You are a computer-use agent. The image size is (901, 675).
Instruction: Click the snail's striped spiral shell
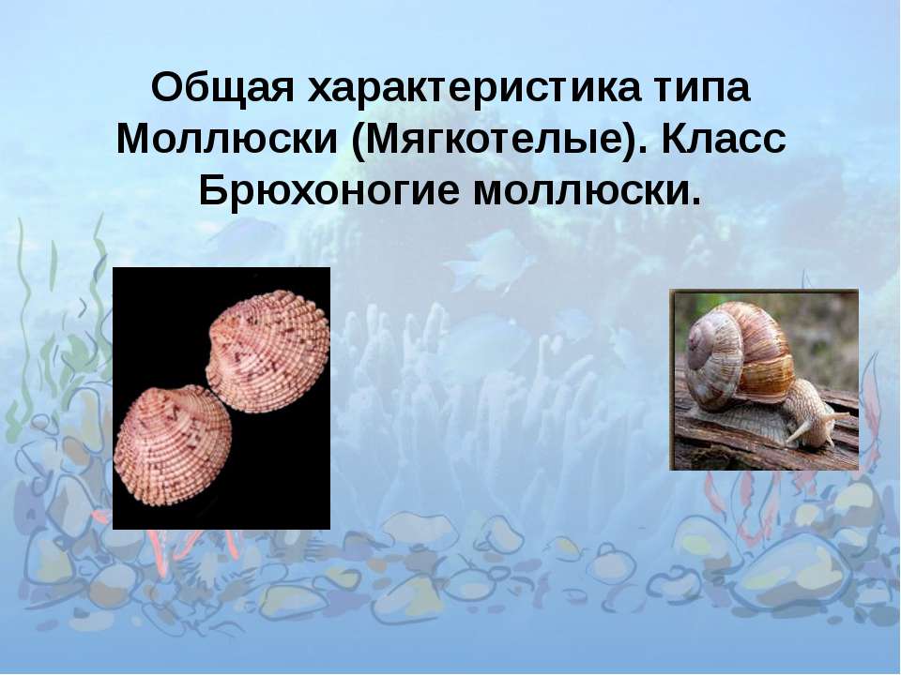click(741, 356)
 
